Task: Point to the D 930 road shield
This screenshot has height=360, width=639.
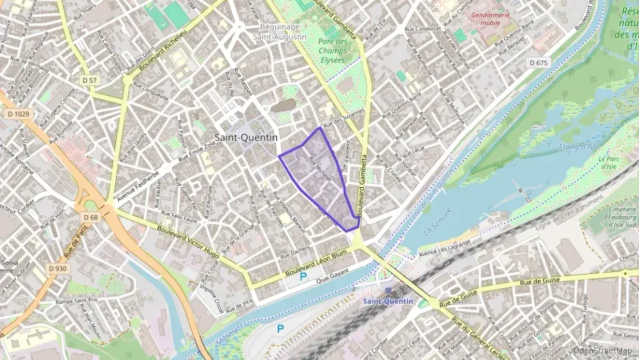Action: tap(58, 268)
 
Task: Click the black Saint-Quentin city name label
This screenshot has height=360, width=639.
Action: tap(246, 137)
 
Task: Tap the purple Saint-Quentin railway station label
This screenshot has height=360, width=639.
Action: tap(388, 301)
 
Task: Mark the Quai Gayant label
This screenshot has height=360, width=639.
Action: tap(332, 272)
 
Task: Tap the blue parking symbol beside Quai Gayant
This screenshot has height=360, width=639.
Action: tap(303, 277)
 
